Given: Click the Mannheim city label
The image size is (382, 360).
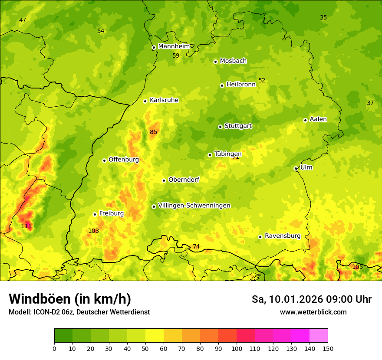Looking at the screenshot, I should pos(174,46).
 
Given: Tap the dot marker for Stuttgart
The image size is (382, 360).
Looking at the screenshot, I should pos(220,127).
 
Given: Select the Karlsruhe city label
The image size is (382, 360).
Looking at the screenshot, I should pos(164,100).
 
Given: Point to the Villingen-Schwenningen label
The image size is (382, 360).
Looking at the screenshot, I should pos(194,206).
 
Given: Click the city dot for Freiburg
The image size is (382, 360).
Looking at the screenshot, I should pos(95,214).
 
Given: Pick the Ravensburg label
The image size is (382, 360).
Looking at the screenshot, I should pos(282,236).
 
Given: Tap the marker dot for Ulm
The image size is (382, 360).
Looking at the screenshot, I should pos(296,168).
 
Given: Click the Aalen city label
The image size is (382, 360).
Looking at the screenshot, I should pos(318,119).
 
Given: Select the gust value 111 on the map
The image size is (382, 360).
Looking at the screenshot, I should pos(26,226).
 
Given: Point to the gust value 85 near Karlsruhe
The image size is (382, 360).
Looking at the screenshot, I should pos(154,132).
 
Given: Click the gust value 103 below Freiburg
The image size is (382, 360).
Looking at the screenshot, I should pos(93,231).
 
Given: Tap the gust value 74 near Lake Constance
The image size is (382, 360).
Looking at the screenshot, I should pos(196,246).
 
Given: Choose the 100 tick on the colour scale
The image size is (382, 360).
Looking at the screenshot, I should pos(237,348).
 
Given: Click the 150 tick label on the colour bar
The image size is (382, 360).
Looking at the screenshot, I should pos(328,348).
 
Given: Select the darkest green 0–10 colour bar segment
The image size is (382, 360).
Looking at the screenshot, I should pos(63,336).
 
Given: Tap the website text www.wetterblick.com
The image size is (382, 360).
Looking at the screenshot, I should pos(313,312).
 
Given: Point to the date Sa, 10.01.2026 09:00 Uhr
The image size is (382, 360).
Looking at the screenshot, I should pos(311,299).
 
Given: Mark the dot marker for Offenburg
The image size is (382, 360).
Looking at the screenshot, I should pos(104,160).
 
